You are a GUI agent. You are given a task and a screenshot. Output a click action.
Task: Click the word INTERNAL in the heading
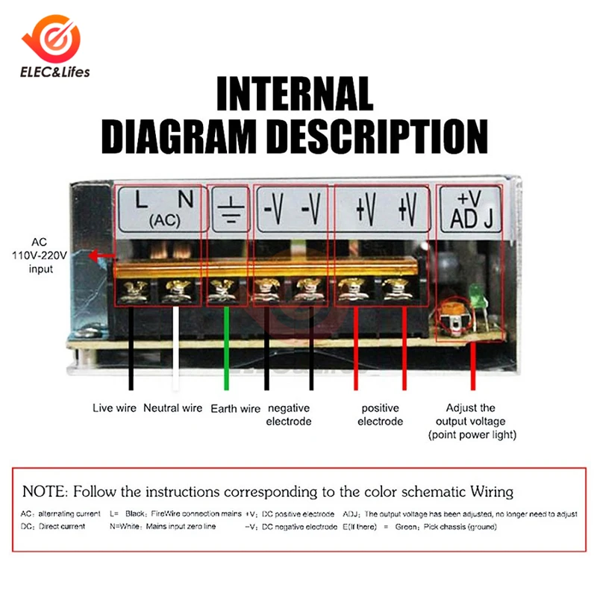point(294,95)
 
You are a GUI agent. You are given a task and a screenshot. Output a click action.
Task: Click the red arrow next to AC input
point(99,256)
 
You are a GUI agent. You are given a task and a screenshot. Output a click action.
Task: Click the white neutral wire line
point(175,347)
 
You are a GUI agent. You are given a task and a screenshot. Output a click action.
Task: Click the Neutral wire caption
point(173,408)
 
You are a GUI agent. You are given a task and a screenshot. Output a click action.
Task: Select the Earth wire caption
point(236,408)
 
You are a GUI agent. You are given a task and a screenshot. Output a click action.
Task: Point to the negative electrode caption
point(289,415)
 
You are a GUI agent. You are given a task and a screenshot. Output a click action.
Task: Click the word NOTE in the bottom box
point(44,492)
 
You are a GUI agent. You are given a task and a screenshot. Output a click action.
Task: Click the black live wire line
point(131,347)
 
